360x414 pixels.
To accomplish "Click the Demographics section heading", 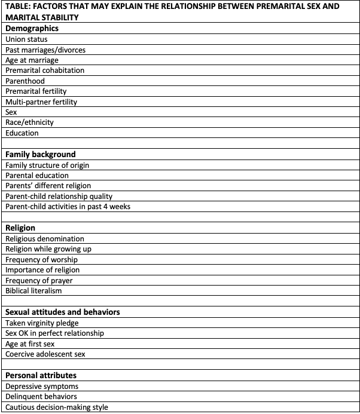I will [x=32, y=28].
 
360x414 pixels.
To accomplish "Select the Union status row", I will [x=26, y=39].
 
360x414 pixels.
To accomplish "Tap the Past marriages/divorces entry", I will [x=45, y=50].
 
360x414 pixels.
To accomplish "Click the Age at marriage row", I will [x=32, y=60].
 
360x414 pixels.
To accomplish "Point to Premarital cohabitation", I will [x=45, y=70].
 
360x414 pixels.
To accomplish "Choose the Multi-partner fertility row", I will [x=41, y=102].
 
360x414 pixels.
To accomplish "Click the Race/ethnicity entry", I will [x=29, y=122].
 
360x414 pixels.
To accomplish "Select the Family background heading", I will [x=41, y=154].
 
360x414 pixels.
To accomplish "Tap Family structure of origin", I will [x=47, y=165].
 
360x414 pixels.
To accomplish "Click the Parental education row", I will [x=37, y=176].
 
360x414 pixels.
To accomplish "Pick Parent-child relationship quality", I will [x=59, y=196].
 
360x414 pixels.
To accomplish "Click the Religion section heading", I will [x=20, y=228].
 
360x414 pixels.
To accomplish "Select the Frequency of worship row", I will [x=41, y=259].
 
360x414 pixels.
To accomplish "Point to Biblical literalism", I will [x=33, y=291].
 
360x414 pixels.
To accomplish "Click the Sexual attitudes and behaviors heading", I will [x=63, y=312].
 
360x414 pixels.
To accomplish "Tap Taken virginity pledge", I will [x=42, y=323].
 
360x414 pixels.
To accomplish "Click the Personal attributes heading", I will [x=41, y=375].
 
